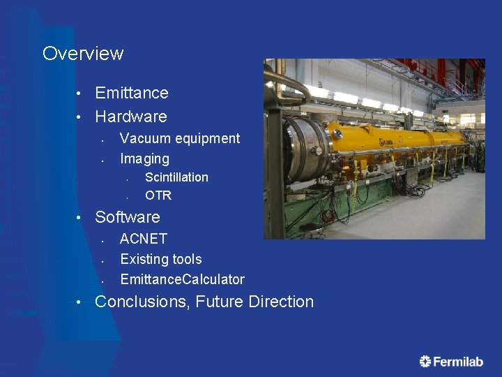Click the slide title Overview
(83, 54)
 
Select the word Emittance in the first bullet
(132, 93)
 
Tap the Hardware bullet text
(131, 117)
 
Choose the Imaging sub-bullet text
(144, 158)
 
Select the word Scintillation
(176, 177)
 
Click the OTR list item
(158, 195)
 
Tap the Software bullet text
(128, 217)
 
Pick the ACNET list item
(144, 239)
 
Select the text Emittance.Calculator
(182, 279)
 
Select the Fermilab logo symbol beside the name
(425, 361)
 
